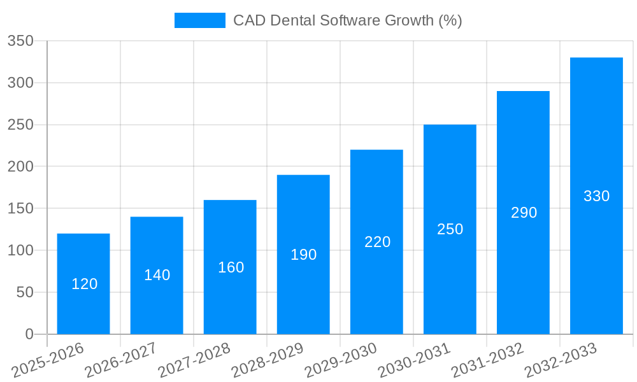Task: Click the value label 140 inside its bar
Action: [157, 275]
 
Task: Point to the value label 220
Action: [377, 242]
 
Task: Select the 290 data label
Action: [524, 213]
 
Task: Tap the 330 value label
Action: [596, 196]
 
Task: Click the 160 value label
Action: [231, 267]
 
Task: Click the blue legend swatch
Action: [199, 20]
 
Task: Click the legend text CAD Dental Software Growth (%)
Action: [347, 20]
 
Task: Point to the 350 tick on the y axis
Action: [20, 41]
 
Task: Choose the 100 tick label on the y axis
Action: [20, 251]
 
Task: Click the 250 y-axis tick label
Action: [20, 125]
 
